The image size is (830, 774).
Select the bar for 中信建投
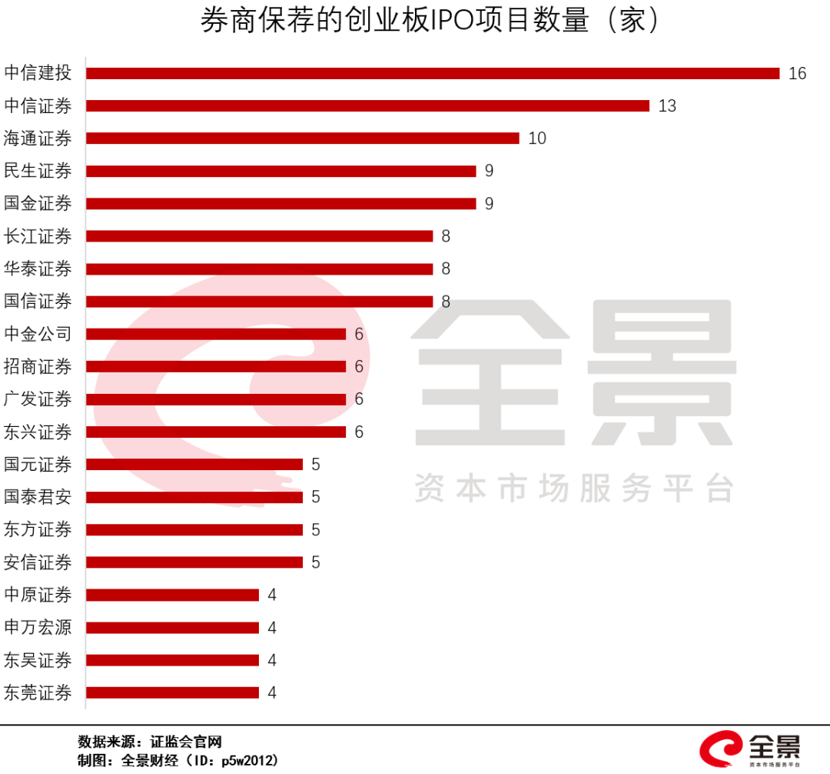tap(433, 73)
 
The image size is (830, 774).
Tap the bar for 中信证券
tap(367, 105)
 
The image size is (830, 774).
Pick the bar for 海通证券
tap(303, 138)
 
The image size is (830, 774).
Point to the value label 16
tap(797, 73)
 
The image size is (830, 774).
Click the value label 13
tap(667, 105)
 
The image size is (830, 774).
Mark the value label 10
tap(537, 138)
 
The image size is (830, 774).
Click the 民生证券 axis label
tap(38, 171)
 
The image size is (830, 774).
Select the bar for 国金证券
tap(281, 203)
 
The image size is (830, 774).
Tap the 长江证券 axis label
tap(38, 236)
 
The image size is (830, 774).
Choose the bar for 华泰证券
tap(259, 269)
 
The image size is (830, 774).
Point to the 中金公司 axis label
tap(38, 334)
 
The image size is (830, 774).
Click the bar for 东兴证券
tap(216, 432)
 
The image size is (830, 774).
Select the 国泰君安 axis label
tap(38, 497)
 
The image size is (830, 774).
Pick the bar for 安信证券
tap(194, 562)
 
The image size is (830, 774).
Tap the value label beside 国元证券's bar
tap(315, 465)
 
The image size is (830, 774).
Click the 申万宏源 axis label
tap(38, 627)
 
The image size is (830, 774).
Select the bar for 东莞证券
tap(172, 692)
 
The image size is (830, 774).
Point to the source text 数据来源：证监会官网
tap(150, 742)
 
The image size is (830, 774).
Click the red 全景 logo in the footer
tap(749, 748)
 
